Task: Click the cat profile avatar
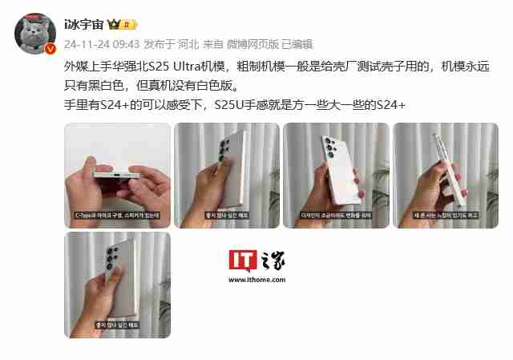35,32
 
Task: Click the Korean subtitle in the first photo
117,215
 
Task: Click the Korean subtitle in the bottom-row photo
117,325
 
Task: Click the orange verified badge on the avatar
50,49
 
